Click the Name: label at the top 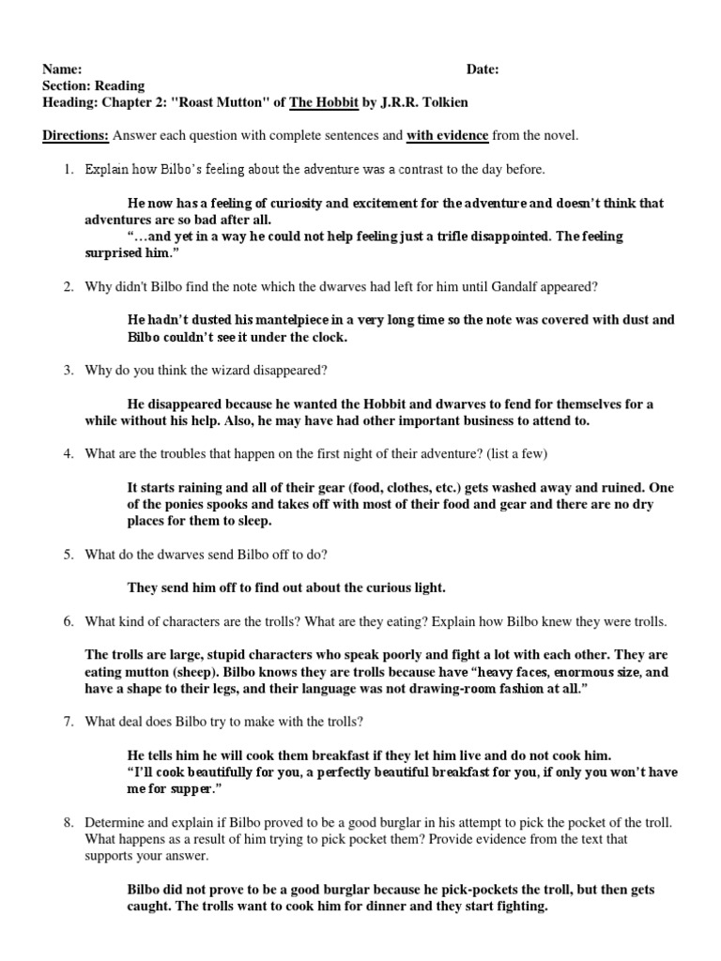point(62,69)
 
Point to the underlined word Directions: point(75,136)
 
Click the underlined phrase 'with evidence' point(447,136)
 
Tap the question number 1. point(69,170)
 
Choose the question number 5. point(69,555)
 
